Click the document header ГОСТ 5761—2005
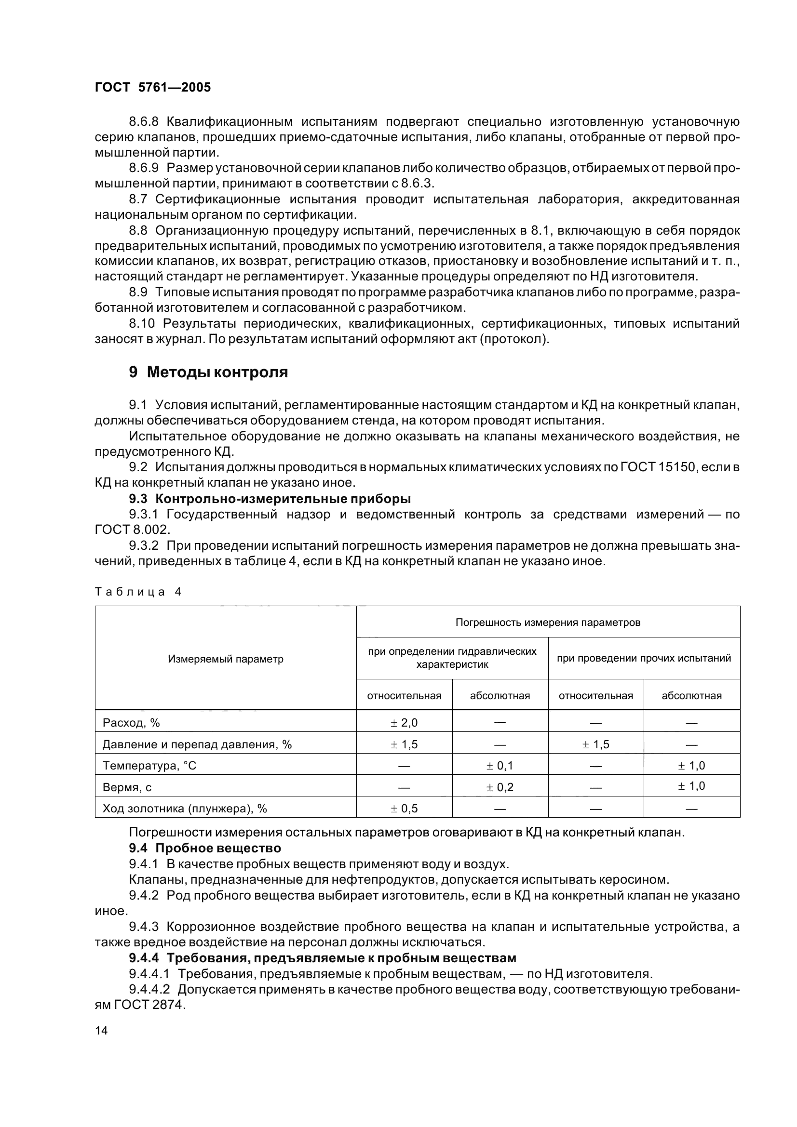[x=153, y=87]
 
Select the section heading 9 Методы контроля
[x=208, y=372]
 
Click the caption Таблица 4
[x=138, y=592]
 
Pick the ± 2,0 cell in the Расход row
[x=404, y=723]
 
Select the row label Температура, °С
[x=149, y=766]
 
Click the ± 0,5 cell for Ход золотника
[x=404, y=809]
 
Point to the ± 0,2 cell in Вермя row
[x=500, y=787]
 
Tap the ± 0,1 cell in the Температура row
[x=500, y=766]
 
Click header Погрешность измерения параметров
[x=548, y=623]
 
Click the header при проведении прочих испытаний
[x=643, y=658]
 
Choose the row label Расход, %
[x=131, y=723]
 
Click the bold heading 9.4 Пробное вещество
[x=205, y=848]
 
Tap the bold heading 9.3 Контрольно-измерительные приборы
[x=270, y=499]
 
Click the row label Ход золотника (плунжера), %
[x=185, y=809]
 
